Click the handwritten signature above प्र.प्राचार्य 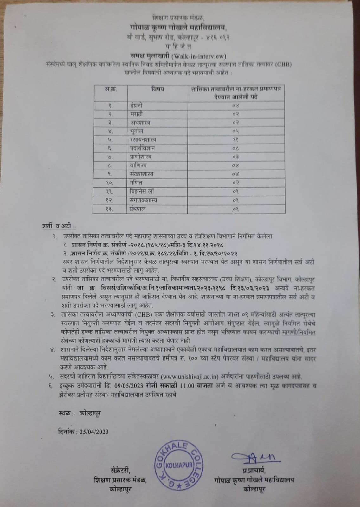pyautogui.click(x=254, y=458)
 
